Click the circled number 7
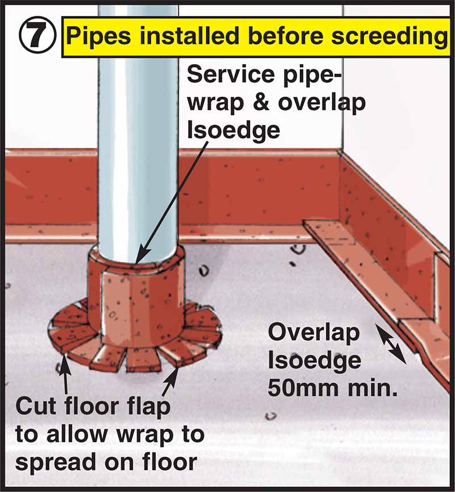[x=37, y=36]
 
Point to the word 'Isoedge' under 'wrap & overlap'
[x=233, y=130]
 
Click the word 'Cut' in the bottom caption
[x=36, y=408]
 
